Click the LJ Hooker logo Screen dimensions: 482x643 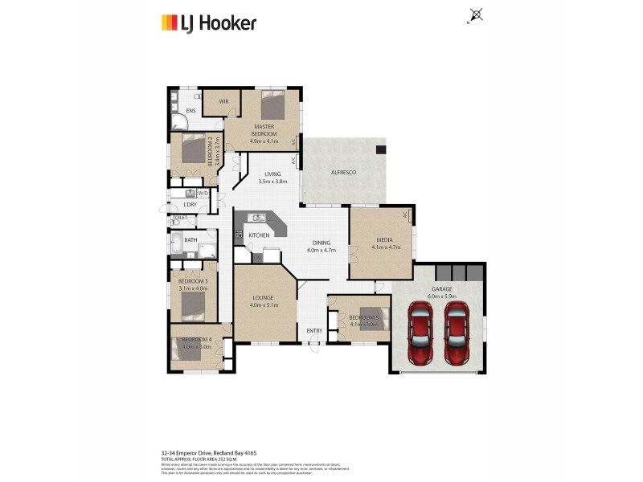tap(208, 22)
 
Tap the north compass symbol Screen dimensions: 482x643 tap(476, 14)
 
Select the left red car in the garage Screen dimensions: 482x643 tap(421, 333)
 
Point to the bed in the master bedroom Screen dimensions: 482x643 tap(272, 104)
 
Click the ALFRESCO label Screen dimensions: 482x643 tap(343, 173)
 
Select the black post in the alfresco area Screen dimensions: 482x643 tap(381, 149)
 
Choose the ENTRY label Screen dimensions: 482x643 tap(313, 331)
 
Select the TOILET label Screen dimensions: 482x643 tap(178, 218)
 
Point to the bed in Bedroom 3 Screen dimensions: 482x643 tap(193, 305)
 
